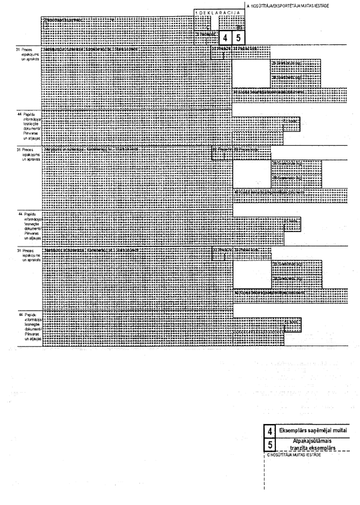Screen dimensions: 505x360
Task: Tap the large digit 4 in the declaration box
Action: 224,38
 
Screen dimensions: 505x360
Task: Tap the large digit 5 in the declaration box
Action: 239,38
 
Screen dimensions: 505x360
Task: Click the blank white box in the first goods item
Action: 251,73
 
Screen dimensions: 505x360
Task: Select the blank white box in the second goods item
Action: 251,174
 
